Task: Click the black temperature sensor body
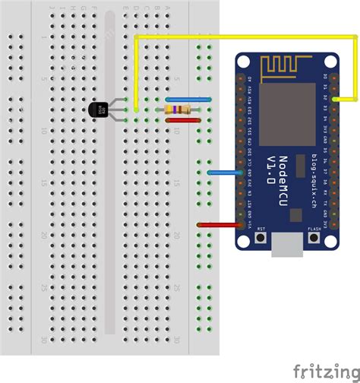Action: [98, 110]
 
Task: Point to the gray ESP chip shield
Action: [287, 114]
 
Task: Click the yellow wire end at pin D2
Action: [334, 99]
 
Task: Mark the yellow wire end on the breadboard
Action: [136, 109]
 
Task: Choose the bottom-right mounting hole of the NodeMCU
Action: [333, 242]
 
